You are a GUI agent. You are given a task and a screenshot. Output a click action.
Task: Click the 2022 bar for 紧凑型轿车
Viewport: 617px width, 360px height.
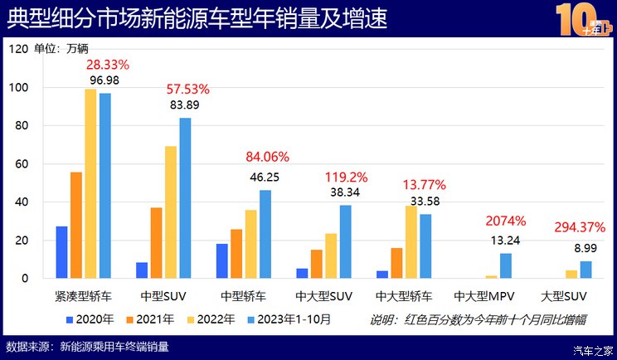(90, 183)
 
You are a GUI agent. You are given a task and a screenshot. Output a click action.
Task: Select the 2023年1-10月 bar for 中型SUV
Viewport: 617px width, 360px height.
(185, 198)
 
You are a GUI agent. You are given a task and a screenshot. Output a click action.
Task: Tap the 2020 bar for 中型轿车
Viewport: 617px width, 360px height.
(222, 261)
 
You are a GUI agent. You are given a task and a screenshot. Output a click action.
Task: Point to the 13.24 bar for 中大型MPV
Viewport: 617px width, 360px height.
(506, 265)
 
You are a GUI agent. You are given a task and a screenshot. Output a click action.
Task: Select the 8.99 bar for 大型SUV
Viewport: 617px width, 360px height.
(585, 270)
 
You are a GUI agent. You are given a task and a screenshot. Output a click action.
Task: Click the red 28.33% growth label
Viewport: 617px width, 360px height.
(108, 64)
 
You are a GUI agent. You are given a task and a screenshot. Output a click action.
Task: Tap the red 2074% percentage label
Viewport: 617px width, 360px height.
(505, 221)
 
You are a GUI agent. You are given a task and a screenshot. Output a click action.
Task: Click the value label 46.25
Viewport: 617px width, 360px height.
(265, 177)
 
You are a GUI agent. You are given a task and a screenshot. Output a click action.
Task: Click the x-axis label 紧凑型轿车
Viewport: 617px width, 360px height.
(83, 295)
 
